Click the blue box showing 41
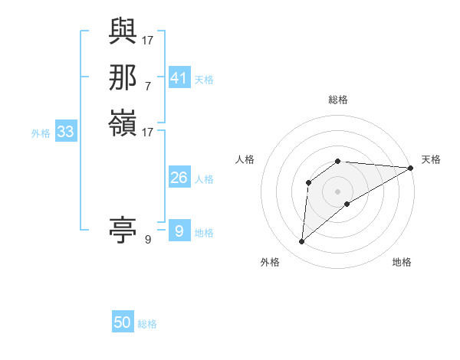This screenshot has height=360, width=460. [179, 78]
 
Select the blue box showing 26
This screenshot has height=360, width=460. [179, 178]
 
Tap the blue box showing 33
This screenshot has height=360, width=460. [66, 132]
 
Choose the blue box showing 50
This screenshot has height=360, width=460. [123, 322]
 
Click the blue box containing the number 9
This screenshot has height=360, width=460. [179, 231]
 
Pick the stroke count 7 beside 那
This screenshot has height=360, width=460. [148, 85]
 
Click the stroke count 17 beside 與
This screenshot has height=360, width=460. [149, 39]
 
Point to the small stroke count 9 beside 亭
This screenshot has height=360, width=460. [148, 240]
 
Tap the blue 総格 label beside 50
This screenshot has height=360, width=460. [147, 324]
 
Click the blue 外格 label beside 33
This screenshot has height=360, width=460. [41, 133]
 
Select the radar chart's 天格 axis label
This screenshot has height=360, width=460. [431, 159]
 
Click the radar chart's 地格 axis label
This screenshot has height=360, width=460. [402, 262]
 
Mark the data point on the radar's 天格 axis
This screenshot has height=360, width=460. [410, 168]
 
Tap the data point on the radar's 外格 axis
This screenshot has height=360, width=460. [301, 242]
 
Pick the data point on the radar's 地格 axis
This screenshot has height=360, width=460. [347, 204]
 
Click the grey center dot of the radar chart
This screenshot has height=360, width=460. [337, 191]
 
